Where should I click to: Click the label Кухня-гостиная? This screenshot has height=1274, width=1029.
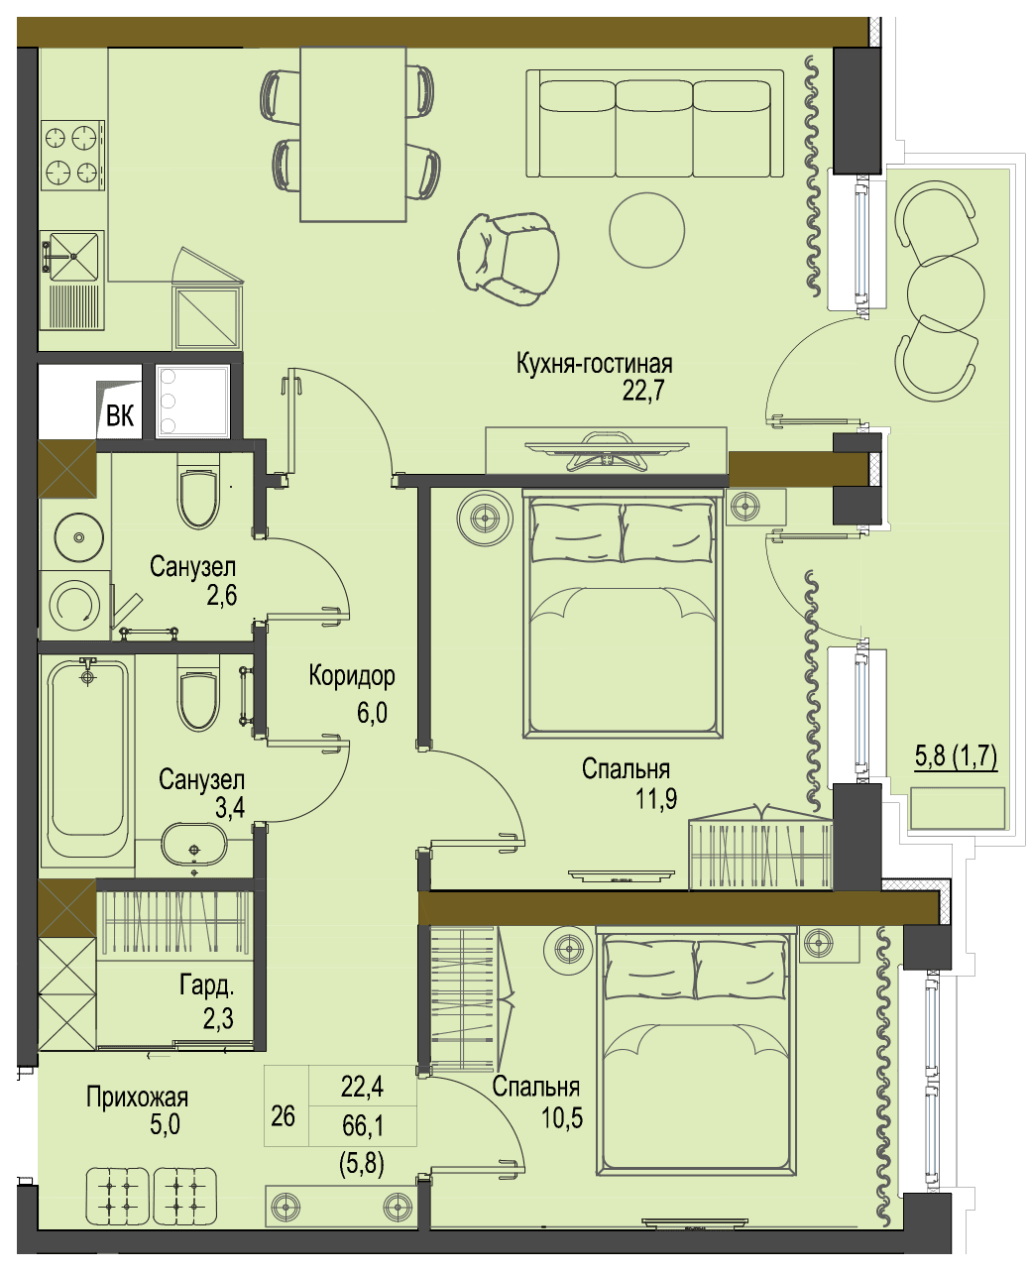(594, 364)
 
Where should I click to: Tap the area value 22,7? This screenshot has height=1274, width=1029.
(642, 391)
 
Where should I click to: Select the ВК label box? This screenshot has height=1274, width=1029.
(120, 415)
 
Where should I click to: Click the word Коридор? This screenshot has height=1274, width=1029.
(352, 676)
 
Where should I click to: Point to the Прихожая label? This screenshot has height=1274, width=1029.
(137, 1097)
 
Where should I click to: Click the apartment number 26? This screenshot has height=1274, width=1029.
(283, 1115)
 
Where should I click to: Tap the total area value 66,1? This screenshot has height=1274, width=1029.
(363, 1125)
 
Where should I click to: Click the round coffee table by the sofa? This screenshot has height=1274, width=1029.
(646, 230)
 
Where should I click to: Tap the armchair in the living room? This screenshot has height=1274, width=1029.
(509, 259)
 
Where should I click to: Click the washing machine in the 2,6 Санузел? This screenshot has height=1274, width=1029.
(75, 607)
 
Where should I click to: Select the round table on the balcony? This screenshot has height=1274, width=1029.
(945, 293)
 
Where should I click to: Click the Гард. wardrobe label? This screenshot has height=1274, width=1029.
(206, 986)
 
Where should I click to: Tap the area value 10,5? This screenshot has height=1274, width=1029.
(561, 1116)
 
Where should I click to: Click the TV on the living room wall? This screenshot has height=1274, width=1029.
(606, 450)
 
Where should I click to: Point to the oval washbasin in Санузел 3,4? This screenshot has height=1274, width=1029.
(193, 844)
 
